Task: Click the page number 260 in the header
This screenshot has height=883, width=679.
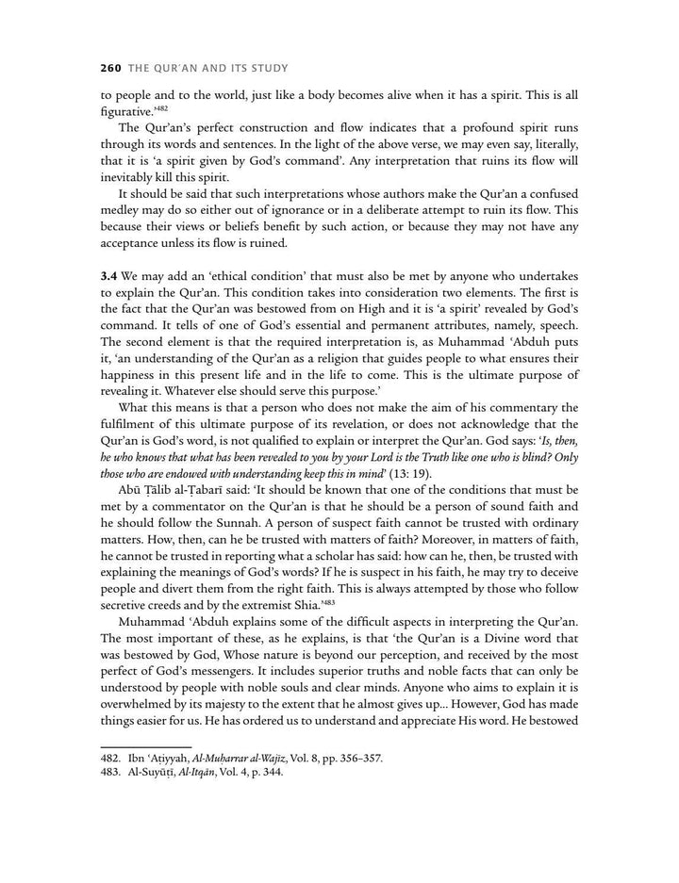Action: point(113,69)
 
